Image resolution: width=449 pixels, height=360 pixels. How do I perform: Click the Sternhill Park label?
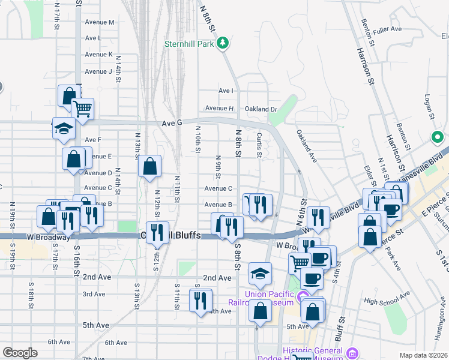(x=190, y=43)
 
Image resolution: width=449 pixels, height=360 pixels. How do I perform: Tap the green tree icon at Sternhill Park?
(x=223, y=43)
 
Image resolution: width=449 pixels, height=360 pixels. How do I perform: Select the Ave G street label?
(x=172, y=123)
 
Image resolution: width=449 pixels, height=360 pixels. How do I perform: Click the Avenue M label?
(x=99, y=22)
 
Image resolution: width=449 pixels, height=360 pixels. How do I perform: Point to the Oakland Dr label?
(x=261, y=109)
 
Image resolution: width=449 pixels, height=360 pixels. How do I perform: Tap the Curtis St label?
(x=259, y=145)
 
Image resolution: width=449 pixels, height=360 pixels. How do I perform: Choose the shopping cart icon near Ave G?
(x=83, y=109)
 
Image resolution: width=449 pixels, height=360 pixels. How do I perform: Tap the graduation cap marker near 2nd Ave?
(x=260, y=274)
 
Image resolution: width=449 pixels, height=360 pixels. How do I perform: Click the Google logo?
(x=20, y=353)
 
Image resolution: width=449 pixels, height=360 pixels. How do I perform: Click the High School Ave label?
(x=387, y=302)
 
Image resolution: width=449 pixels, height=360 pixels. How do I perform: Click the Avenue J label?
(x=98, y=71)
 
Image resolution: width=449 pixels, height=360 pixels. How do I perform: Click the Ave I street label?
(x=226, y=91)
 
